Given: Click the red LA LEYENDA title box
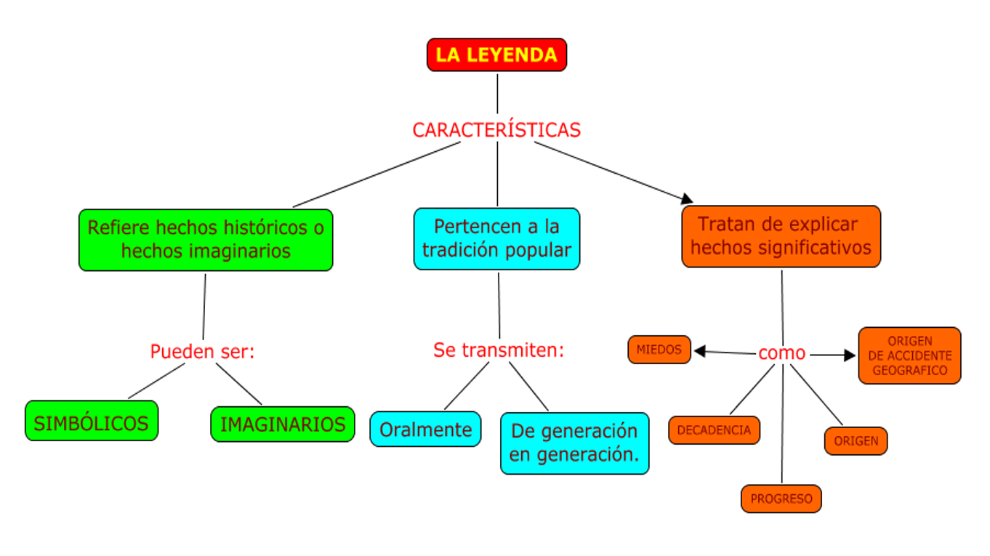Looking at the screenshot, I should point(496,55).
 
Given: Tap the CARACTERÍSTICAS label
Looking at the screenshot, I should point(496,130).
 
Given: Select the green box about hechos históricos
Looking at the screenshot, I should point(206,240).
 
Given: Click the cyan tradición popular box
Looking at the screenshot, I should point(497,238).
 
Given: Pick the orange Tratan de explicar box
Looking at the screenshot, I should point(781,236).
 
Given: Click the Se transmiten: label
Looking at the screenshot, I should point(499,350).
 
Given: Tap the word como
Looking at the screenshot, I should point(781,353).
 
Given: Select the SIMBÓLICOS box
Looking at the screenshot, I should point(91,421).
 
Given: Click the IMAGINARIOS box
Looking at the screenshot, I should point(283,424).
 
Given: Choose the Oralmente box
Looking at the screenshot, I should point(425,429).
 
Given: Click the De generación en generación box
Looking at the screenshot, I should point(574,443).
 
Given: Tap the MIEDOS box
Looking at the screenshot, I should point(659,350).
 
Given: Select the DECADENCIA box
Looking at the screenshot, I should point(714,430).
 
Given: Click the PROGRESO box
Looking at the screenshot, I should point(781,499).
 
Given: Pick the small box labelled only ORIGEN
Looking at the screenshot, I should point(856,440).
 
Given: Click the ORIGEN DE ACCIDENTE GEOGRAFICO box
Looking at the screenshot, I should point(909,355).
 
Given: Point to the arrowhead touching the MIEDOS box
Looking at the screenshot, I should point(700,351).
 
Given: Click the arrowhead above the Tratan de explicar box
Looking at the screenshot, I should point(686,198).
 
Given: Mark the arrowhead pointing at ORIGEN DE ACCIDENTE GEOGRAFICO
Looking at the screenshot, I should point(850,355).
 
